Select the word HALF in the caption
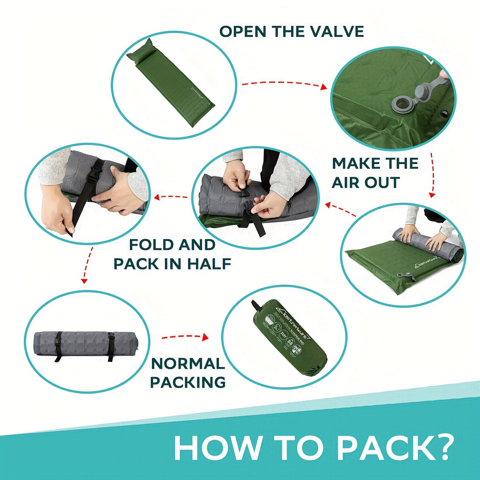point(210,263)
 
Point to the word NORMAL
point(188,363)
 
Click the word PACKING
point(188,382)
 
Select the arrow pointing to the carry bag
point(185,337)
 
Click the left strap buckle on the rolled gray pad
point(58,338)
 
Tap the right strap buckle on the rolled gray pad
point(111,338)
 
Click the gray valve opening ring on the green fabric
point(402,104)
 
